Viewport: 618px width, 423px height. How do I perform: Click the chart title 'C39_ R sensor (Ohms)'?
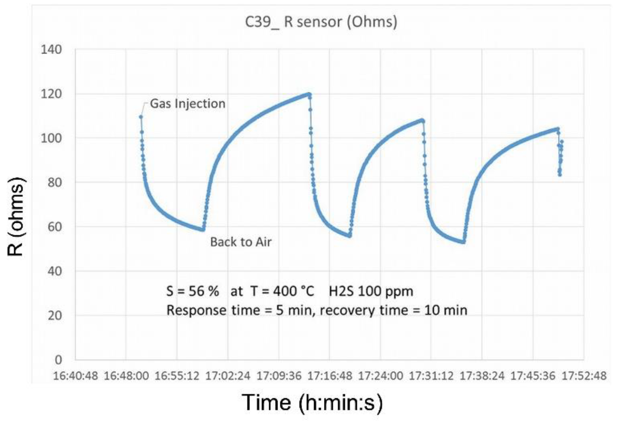[x=321, y=22]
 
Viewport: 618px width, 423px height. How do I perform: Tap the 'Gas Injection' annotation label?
[x=188, y=104]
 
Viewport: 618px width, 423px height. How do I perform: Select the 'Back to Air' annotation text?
[x=241, y=242]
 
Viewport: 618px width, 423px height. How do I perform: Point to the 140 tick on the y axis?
[x=51, y=50]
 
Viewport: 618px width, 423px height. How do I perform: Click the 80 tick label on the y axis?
[x=54, y=182]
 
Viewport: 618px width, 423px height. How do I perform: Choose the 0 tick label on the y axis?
[x=58, y=360]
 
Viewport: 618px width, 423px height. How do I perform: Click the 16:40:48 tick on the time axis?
[x=75, y=376]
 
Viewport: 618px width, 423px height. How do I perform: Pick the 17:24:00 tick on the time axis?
[x=380, y=376]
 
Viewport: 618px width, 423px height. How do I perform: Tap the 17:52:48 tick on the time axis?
[x=584, y=376]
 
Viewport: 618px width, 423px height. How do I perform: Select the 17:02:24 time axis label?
[x=228, y=376]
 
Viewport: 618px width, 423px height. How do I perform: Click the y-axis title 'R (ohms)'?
[x=16, y=217]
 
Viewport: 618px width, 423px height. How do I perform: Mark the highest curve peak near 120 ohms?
[x=309, y=94]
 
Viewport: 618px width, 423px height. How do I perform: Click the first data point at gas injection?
[x=141, y=117]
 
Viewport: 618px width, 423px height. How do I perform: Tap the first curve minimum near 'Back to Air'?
[x=203, y=230]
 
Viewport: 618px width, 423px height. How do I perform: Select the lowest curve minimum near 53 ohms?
[x=463, y=242]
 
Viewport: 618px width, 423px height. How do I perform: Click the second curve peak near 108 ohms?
[x=422, y=120]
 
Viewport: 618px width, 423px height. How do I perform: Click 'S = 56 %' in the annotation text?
[x=192, y=291]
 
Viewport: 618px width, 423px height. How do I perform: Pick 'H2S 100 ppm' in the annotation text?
[x=371, y=291]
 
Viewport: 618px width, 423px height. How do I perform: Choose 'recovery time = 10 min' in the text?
[x=393, y=310]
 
